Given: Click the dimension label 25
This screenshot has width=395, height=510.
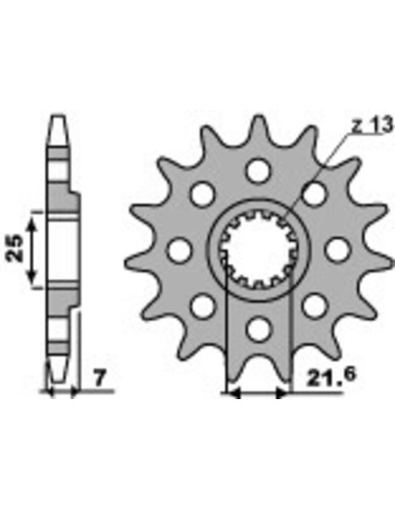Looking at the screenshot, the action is (x=15, y=248).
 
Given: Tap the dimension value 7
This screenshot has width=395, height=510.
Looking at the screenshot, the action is (x=100, y=378).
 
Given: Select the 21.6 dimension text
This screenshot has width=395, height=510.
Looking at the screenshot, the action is (x=331, y=376).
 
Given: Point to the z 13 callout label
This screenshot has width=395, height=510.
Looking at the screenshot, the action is (x=373, y=125).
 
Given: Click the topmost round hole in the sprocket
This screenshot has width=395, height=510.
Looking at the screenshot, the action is (x=259, y=171).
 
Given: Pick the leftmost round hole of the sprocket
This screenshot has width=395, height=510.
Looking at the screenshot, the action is (x=179, y=250).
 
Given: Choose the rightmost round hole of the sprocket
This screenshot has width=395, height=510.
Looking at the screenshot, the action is (x=338, y=250).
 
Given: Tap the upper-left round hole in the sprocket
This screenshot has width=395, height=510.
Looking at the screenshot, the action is (x=203, y=194).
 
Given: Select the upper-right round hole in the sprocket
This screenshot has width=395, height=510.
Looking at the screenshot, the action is (x=315, y=194).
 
